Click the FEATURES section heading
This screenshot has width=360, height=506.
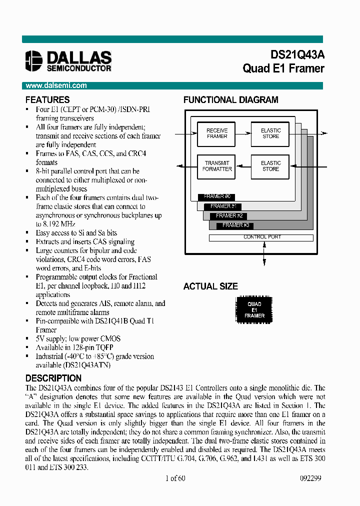(x=47, y=99)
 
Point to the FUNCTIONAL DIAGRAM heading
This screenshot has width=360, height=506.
(x=230, y=99)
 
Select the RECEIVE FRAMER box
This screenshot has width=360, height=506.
(x=216, y=133)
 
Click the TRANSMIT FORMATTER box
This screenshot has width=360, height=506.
(x=216, y=166)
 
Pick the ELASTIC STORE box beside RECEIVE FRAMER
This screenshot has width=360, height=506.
(x=270, y=133)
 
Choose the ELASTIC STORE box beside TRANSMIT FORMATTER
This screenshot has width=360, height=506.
(x=270, y=166)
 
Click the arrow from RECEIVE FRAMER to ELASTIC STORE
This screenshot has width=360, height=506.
(x=242, y=133)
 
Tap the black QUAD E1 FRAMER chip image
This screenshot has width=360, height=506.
(x=254, y=310)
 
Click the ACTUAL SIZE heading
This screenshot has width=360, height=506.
(x=210, y=286)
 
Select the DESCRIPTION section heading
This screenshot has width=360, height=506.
(x=53, y=378)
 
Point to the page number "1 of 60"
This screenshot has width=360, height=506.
(x=175, y=478)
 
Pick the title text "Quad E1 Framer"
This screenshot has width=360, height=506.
(x=283, y=68)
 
